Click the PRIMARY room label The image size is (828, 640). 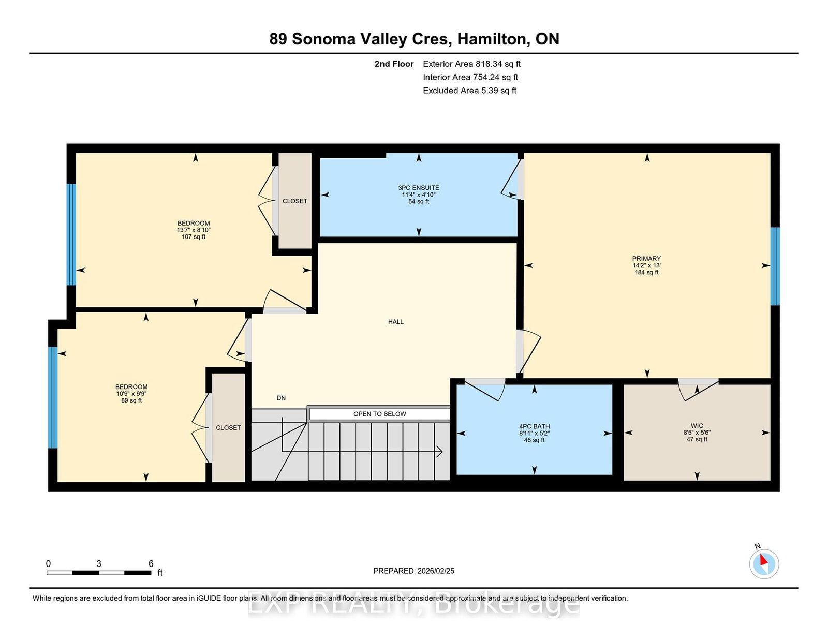click(x=646, y=259)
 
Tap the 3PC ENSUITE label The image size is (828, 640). click(x=419, y=188)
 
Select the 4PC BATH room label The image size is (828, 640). click(x=534, y=426)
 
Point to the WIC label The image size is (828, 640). click(x=697, y=426)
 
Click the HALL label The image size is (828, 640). click(x=396, y=322)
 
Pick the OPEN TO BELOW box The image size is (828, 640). click(x=379, y=414)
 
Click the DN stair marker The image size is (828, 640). click(x=281, y=398)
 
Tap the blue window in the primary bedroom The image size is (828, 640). click(x=775, y=266)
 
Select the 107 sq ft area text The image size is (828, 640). click(x=194, y=237)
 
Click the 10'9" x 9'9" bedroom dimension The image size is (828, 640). click(x=131, y=394)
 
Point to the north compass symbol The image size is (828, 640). click(x=764, y=563)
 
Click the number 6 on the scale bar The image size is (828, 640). click(x=151, y=564)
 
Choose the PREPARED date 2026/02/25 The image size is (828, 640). click(x=435, y=571)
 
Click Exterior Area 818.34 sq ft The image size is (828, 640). click(x=471, y=64)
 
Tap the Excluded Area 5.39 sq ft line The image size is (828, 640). click(x=469, y=91)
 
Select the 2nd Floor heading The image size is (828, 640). click(x=394, y=64)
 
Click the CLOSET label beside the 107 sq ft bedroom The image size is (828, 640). click(x=295, y=201)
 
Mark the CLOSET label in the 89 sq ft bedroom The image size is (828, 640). click(x=228, y=428)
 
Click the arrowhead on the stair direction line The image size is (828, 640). click(x=440, y=452)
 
